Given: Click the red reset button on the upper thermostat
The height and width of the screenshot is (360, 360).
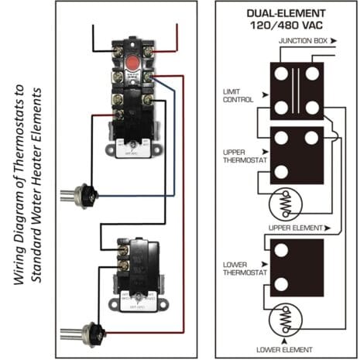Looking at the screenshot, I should [132, 60].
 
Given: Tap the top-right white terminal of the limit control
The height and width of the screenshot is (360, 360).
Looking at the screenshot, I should [314, 73].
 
